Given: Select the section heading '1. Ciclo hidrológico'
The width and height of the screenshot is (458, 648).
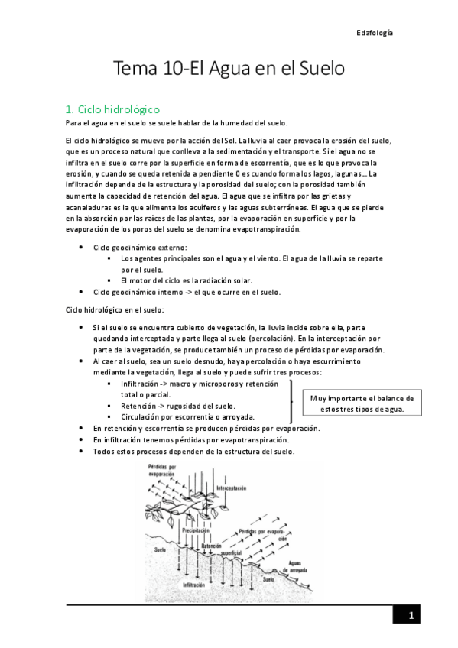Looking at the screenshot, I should (113, 110).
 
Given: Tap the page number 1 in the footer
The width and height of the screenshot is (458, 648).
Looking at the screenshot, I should (411, 616).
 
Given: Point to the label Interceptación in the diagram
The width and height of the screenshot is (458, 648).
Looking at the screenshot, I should (232, 488).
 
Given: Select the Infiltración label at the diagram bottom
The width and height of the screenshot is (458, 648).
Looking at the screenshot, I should (194, 585).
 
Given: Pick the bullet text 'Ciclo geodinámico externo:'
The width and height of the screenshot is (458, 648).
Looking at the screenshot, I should (140, 248).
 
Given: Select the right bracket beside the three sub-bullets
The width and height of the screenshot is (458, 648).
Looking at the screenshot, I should (291, 397).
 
